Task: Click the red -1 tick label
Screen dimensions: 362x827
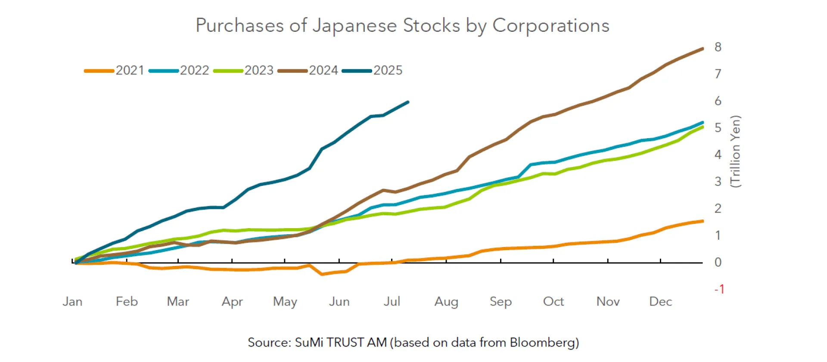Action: (719, 289)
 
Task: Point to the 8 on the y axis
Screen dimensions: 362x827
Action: (718, 47)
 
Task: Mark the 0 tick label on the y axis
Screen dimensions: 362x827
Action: (718, 262)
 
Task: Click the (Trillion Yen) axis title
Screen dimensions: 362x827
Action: (735, 151)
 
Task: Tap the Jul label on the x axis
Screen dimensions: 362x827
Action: (392, 301)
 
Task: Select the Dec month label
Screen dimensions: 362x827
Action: (660, 301)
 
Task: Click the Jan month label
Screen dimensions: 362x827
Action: (72, 301)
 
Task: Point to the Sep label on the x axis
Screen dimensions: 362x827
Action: (501, 301)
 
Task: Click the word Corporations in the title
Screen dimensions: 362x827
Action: (550, 25)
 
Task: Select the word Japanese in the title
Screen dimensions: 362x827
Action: (354, 25)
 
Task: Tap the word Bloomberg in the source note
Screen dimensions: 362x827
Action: (544, 342)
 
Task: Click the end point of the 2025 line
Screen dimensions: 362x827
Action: (407, 102)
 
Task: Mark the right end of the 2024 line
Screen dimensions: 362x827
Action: (703, 49)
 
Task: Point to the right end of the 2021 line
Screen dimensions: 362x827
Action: (703, 221)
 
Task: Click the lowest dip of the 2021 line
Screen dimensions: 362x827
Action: (322, 274)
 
